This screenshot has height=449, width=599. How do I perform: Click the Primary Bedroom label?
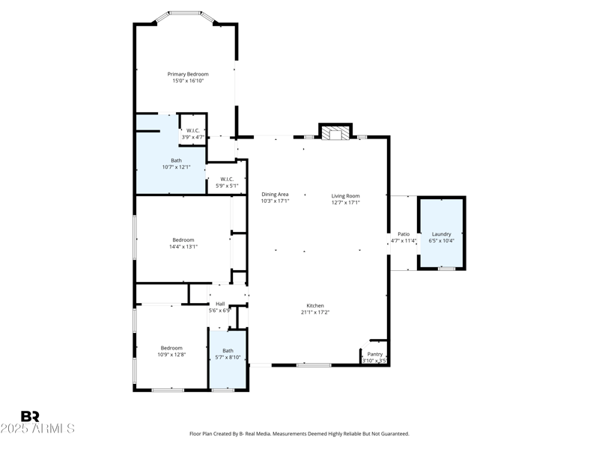tap(188, 74)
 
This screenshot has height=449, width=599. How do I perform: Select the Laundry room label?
tap(442, 234)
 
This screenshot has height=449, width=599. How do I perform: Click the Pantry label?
tap(375, 354)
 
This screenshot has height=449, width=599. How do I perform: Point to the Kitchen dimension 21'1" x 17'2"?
tap(314, 312)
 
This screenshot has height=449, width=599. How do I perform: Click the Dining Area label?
tap(275, 195)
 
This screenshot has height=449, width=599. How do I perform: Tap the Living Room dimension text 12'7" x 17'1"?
tap(346, 201)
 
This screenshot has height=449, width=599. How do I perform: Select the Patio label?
tap(404, 234)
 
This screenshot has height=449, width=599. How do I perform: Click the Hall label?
tap(220, 303)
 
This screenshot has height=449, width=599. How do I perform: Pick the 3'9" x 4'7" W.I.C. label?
tap(193, 137)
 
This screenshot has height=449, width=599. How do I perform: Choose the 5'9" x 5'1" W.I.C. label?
tap(227, 186)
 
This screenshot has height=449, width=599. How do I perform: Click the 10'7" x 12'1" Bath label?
tap(176, 167)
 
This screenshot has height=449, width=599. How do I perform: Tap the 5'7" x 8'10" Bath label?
tap(228, 357)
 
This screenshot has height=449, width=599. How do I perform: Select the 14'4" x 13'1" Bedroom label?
tap(183, 246)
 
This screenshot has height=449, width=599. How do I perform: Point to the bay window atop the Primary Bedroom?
tap(186, 13)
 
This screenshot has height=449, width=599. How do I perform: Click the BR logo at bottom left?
tap(30, 417)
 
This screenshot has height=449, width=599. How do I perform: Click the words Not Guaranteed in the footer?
tap(386, 434)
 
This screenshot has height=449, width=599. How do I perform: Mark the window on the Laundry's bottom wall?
tap(446, 269)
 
